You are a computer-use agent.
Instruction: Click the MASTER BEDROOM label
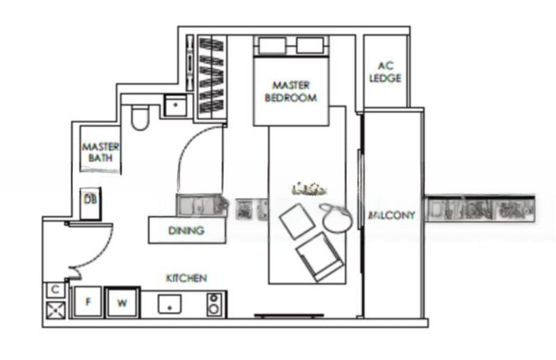pos(290,91)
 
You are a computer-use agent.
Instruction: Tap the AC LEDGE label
pos(384,72)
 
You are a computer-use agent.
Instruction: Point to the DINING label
pos(186,231)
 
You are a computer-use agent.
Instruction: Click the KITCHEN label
pos(186,278)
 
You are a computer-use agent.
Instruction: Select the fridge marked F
pos(88,302)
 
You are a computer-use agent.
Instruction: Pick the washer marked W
pos(122,302)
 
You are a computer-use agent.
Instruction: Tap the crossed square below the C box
pos(55,309)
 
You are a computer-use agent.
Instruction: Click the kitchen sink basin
pos(169,303)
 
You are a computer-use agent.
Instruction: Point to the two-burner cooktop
pos(215,304)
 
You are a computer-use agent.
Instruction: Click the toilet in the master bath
pos(140,117)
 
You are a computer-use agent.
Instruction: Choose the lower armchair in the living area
pos(318,256)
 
